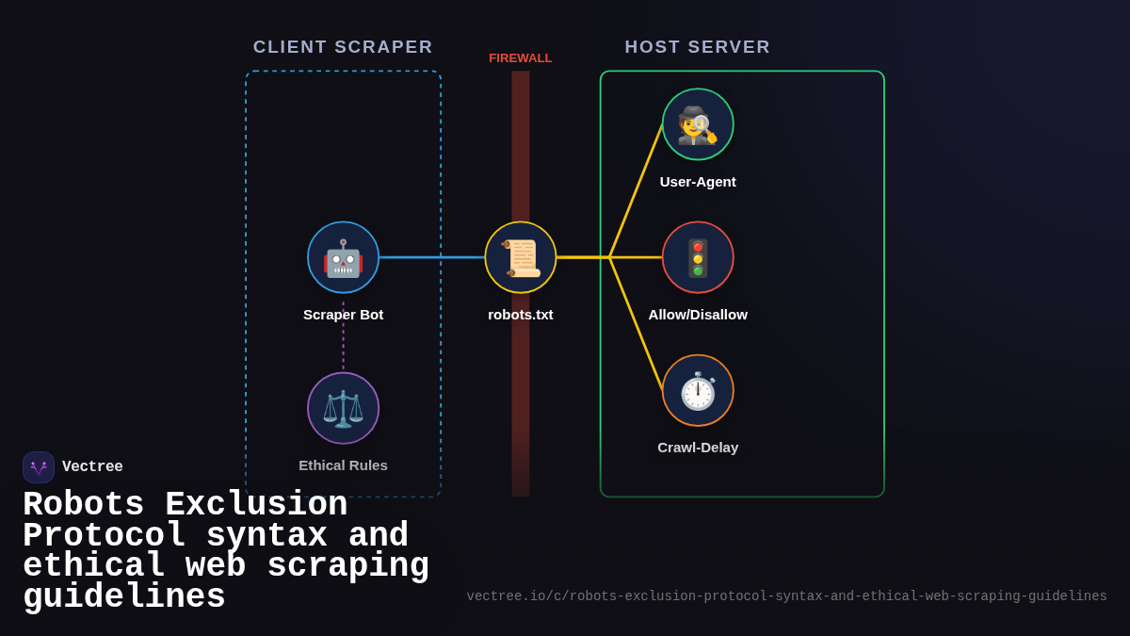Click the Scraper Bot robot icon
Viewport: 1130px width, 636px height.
click(343, 257)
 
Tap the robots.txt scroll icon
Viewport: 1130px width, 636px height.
click(521, 257)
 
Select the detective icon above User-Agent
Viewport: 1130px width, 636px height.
click(698, 124)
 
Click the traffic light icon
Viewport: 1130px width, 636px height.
click(698, 257)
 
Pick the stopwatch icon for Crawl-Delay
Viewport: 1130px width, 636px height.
click(698, 390)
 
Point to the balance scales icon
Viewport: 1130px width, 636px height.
click(343, 408)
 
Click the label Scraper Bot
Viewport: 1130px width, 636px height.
click(343, 315)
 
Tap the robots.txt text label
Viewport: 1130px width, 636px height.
click(521, 315)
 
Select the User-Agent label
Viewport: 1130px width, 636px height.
click(698, 182)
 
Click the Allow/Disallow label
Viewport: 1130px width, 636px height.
click(698, 315)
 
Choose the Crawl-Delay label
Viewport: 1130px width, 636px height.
click(698, 448)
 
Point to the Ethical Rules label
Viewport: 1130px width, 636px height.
click(343, 465)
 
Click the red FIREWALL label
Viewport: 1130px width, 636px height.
click(521, 58)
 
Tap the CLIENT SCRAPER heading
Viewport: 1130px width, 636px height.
click(343, 47)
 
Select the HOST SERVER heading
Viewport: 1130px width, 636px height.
click(698, 47)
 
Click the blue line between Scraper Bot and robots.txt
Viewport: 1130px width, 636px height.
click(431, 257)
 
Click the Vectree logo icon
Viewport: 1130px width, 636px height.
click(39, 467)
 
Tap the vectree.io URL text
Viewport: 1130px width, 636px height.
click(786, 596)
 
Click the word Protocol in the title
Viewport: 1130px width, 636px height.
click(104, 536)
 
